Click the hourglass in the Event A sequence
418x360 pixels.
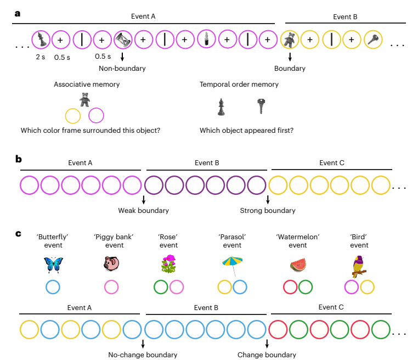123,40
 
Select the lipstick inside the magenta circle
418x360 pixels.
206,39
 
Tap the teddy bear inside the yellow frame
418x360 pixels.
290,40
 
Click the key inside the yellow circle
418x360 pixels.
372,40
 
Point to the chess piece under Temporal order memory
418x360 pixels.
221,107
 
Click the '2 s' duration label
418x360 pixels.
41,57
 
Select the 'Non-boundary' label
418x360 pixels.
122,69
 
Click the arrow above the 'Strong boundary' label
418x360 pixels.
268,199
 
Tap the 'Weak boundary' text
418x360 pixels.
143,211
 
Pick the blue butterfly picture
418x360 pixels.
54,265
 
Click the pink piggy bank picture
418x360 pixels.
111,263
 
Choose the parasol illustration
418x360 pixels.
233,266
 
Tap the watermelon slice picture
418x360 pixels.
298,265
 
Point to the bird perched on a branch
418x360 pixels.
359,266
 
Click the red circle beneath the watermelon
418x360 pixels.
290,287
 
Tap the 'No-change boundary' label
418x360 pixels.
143,355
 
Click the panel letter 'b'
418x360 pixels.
19,159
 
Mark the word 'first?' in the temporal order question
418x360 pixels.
285,131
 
